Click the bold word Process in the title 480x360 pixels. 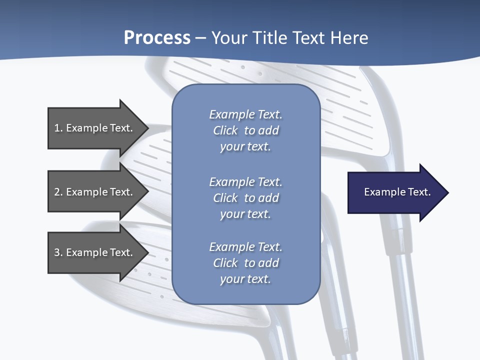pyautogui.click(x=157, y=38)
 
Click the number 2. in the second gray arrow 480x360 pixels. pyautogui.click(x=58, y=192)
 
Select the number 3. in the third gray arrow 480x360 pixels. pyautogui.click(x=58, y=252)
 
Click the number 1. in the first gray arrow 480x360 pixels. pyautogui.click(x=58, y=128)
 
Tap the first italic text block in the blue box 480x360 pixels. pyautogui.click(x=245, y=130)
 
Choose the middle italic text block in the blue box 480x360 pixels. pyautogui.click(x=245, y=198)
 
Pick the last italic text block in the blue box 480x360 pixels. pyautogui.click(x=245, y=263)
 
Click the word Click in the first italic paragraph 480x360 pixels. pyautogui.click(x=225, y=130)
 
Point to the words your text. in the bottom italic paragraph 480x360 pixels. pyautogui.click(x=245, y=279)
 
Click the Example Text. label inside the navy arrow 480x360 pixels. pyautogui.click(x=397, y=192)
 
